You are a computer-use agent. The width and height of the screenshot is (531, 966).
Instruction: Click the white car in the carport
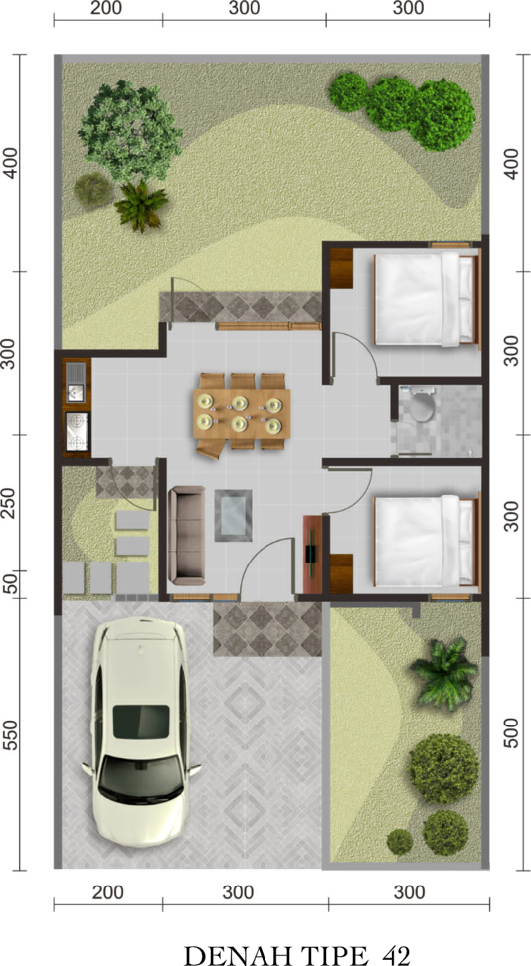tap(141, 730)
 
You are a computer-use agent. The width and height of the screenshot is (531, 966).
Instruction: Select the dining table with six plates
tap(242, 412)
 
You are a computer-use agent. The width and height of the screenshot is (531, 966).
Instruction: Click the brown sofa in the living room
tap(186, 536)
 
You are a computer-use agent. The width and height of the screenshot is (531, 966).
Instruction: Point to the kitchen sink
tap(76, 383)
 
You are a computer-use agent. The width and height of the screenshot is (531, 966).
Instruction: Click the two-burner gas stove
tap(77, 432)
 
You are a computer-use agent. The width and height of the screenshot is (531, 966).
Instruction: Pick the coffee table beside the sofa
tap(233, 515)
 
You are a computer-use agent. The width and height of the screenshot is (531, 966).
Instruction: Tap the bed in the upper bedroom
tap(427, 299)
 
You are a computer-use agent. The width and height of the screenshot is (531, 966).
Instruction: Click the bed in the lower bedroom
tap(427, 541)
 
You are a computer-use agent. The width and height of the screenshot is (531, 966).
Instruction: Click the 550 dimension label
tap(11, 733)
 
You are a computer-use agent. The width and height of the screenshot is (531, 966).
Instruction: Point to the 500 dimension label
tap(512, 730)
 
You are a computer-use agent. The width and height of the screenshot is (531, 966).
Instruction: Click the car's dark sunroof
tap(141, 723)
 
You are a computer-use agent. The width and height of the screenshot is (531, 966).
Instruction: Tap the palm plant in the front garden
tap(444, 672)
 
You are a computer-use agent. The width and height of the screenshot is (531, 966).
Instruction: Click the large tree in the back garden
tap(130, 130)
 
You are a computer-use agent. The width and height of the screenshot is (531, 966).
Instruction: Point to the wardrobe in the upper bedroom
tap(341, 268)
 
